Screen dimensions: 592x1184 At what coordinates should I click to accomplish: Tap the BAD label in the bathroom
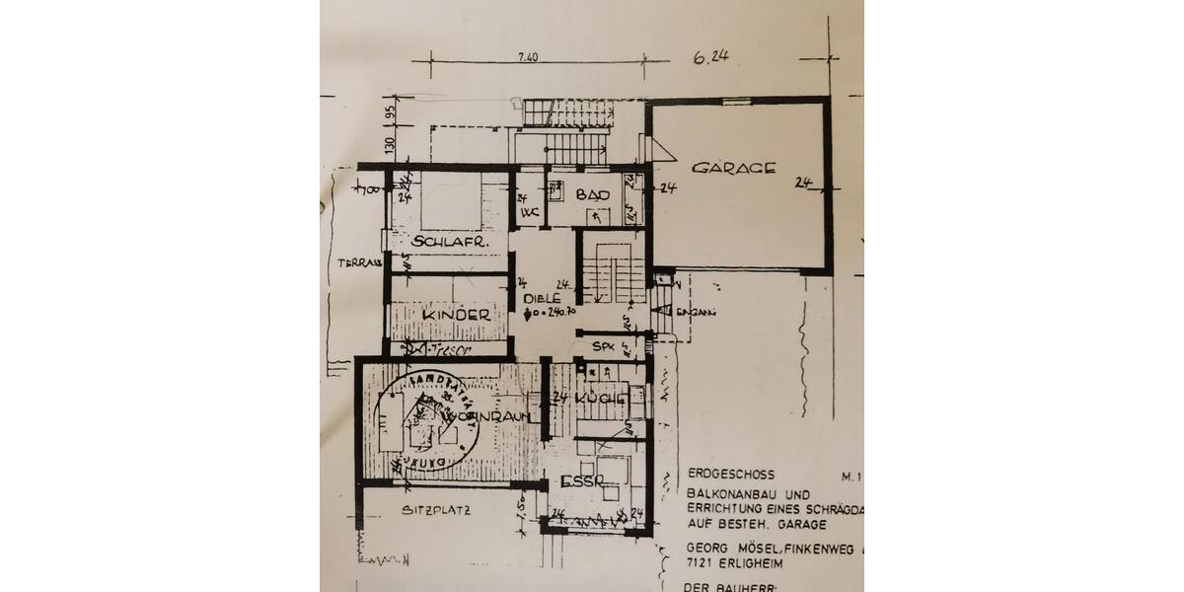coord(589,195)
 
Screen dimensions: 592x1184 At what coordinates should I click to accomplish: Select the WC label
coord(529,211)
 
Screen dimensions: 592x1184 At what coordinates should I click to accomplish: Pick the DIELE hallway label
coord(543,297)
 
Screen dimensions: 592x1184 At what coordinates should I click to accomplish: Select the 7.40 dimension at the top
coord(527,58)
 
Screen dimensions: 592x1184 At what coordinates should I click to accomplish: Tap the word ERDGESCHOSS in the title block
coord(726,474)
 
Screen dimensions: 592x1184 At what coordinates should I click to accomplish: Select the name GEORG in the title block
coord(706,544)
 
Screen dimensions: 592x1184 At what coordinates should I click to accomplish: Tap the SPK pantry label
coord(602,347)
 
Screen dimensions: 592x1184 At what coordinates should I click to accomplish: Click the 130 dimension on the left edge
coord(390,144)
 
